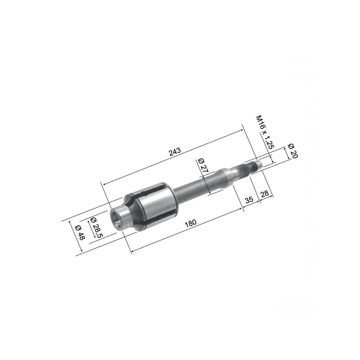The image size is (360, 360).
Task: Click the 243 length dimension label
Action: [x=174, y=152]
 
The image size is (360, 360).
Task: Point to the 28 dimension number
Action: [x=265, y=193]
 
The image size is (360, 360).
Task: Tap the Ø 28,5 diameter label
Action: [x=95, y=226]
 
